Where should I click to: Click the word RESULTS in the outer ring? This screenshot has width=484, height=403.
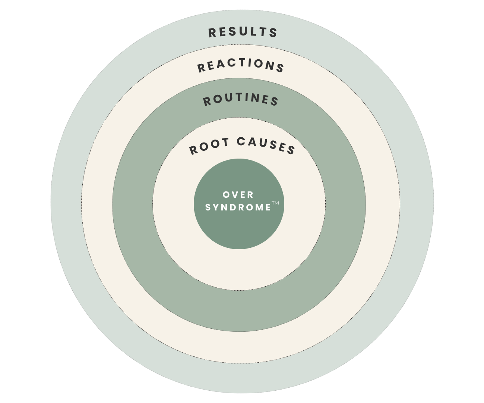pyautogui.click(x=243, y=32)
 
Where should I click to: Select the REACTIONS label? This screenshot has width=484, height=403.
pyautogui.click(x=241, y=65)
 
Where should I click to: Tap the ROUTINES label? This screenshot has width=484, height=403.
pyautogui.click(x=241, y=100)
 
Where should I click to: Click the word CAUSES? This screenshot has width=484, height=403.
pyautogui.click(x=266, y=145)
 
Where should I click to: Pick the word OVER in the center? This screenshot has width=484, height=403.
pyautogui.click(x=238, y=195)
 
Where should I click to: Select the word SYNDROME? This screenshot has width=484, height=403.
pyautogui.click(x=238, y=207)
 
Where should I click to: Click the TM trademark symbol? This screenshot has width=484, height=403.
pyautogui.click(x=275, y=203)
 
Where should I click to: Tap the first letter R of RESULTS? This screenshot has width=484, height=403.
pyautogui.click(x=212, y=33)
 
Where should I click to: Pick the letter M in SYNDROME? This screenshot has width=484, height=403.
pyautogui.click(x=259, y=207)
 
